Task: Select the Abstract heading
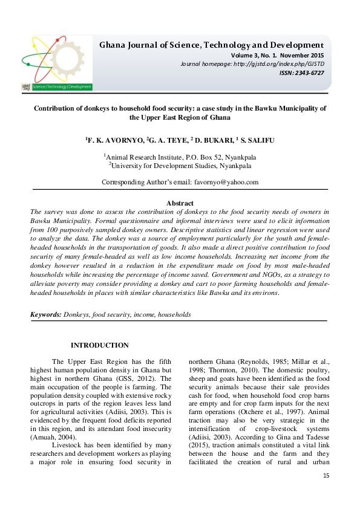pos(180,203)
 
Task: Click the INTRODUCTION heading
pos(99,345)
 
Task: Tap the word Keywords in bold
pos(45,315)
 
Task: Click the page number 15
pos(326,476)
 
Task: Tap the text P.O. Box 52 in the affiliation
pos(199,155)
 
